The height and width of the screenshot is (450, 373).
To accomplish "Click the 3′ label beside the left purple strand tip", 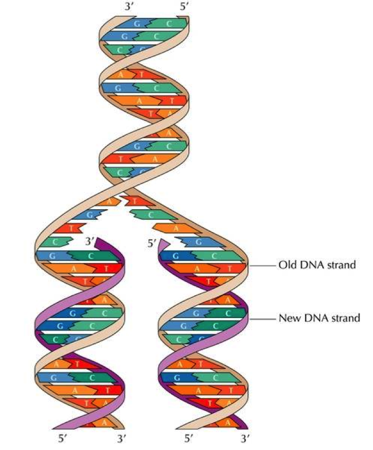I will point(90,242).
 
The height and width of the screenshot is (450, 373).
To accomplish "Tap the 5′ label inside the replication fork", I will point(152,243).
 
